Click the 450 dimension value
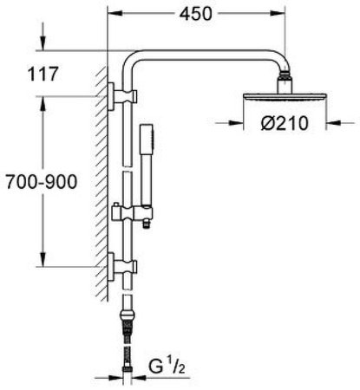pyautogui.click(x=197, y=14)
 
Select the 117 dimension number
pyautogui.click(x=43, y=74)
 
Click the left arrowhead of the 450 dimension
pyautogui.click(x=112, y=14)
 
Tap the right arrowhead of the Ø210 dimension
pyautogui.click(x=325, y=123)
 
